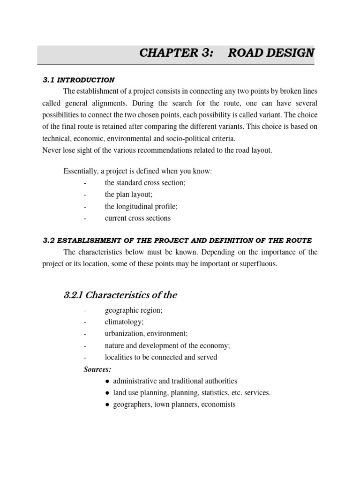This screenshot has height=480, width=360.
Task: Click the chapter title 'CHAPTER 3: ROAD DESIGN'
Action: (x=227, y=53)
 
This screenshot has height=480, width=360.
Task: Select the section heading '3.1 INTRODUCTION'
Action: (x=79, y=80)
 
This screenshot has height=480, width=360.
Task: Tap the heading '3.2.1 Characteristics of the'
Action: (x=120, y=295)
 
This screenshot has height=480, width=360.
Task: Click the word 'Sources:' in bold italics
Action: (x=97, y=369)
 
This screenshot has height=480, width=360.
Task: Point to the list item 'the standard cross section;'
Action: (x=145, y=183)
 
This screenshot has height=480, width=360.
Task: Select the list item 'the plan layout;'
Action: (x=129, y=195)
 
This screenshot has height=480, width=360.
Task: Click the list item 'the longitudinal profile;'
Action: (x=141, y=206)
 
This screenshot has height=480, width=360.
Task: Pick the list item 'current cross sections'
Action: (x=138, y=218)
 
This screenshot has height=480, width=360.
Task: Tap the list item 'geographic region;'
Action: (x=134, y=311)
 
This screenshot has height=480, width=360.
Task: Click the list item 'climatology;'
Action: (x=124, y=322)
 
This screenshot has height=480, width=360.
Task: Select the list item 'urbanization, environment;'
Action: (x=146, y=334)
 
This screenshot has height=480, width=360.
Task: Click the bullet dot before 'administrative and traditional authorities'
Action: (x=108, y=382)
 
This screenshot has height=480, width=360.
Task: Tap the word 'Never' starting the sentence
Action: (x=52, y=150)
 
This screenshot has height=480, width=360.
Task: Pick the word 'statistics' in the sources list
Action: (x=207, y=393)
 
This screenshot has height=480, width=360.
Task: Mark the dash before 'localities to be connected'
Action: (x=85, y=358)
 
